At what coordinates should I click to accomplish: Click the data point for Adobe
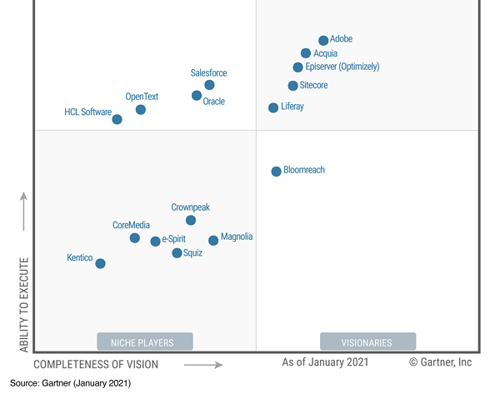pyautogui.click(x=323, y=41)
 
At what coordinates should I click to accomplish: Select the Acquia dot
pyautogui.click(x=306, y=53)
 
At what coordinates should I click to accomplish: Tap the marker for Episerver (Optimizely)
pyautogui.click(x=298, y=67)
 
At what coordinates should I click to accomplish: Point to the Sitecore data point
pyautogui.click(x=293, y=86)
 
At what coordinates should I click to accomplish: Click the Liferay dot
pyautogui.click(x=273, y=107)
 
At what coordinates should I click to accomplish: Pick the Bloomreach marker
pyautogui.click(x=277, y=172)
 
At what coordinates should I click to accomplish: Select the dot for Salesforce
pyautogui.click(x=209, y=85)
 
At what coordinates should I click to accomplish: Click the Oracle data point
pyautogui.click(x=197, y=96)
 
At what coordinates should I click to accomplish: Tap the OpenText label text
pyautogui.click(x=142, y=97)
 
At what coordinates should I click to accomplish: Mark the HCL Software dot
pyautogui.click(x=117, y=119)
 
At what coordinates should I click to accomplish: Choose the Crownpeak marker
pyautogui.click(x=191, y=220)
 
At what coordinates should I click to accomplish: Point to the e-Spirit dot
pyautogui.click(x=155, y=242)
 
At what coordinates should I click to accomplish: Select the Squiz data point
pyautogui.click(x=177, y=253)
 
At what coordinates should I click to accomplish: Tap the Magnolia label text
pyautogui.click(x=237, y=237)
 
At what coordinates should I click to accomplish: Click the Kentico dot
pyautogui.click(x=100, y=263)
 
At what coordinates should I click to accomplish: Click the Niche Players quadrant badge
pyautogui.click(x=145, y=342)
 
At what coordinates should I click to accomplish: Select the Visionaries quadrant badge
pyautogui.click(x=367, y=342)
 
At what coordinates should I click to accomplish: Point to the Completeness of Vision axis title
pyautogui.click(x=96, y=364)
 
